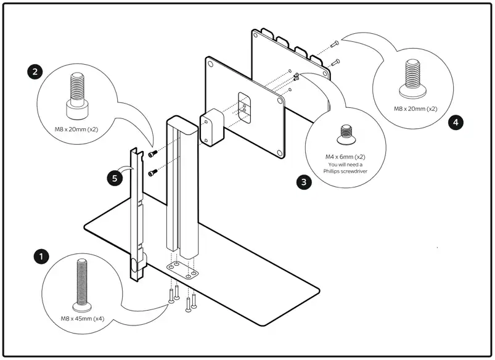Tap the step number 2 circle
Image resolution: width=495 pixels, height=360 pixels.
(36, 72)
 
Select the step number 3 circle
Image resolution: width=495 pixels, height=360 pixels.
(303, 182)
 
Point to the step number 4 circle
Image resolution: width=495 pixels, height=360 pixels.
(455, 122)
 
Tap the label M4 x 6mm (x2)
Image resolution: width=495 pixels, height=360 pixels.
(345, 157)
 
